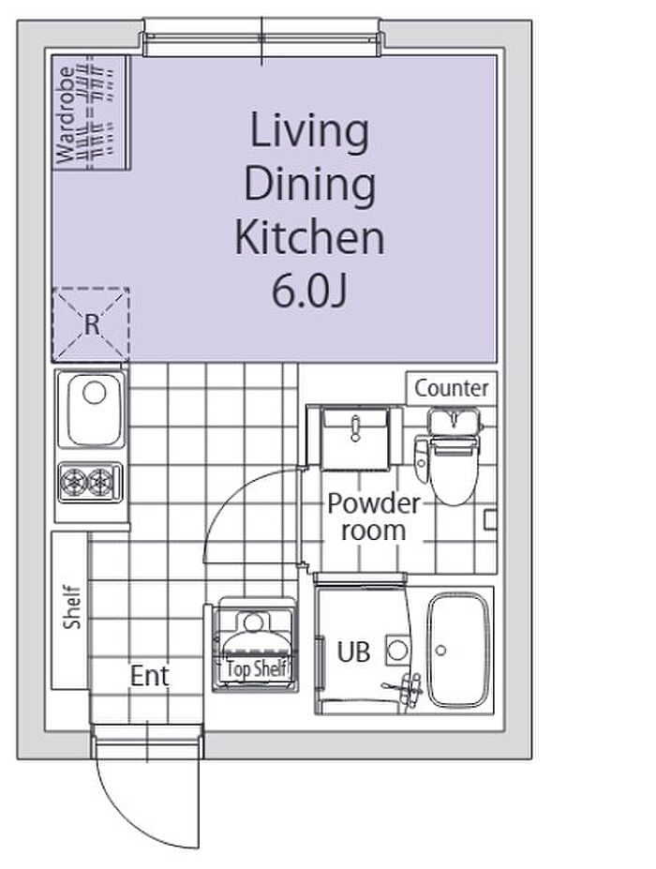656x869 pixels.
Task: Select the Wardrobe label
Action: [x=66, y=114]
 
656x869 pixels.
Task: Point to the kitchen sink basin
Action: [x=95, y=409]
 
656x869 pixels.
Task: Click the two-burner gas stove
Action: [x=90, y=482]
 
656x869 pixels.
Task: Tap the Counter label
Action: [x=452, y=388]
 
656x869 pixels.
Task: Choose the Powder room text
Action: [x=373, y=517]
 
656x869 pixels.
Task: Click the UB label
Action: [x=353, y=652]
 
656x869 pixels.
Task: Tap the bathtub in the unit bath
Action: [x=459, y=650]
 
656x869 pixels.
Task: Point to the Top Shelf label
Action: [x=257, y=669]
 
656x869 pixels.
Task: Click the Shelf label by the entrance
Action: [x=72, y=607]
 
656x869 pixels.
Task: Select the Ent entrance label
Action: [x=150, y=676]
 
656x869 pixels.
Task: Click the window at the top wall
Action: [x=262, y=37]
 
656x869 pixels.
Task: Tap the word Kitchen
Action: [x=309, y=238]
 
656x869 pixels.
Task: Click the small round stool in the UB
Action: [x=397, y=650]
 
